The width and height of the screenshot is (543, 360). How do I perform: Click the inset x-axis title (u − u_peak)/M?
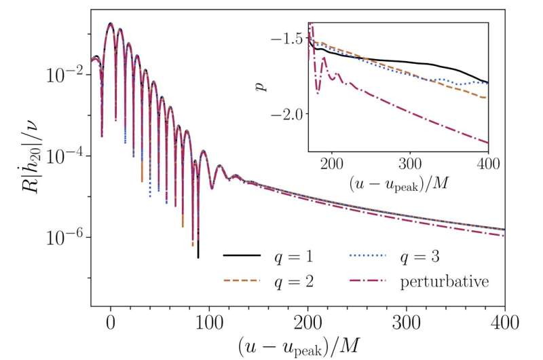click(398, 184)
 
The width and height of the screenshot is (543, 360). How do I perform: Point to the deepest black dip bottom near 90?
click(198, 257)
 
